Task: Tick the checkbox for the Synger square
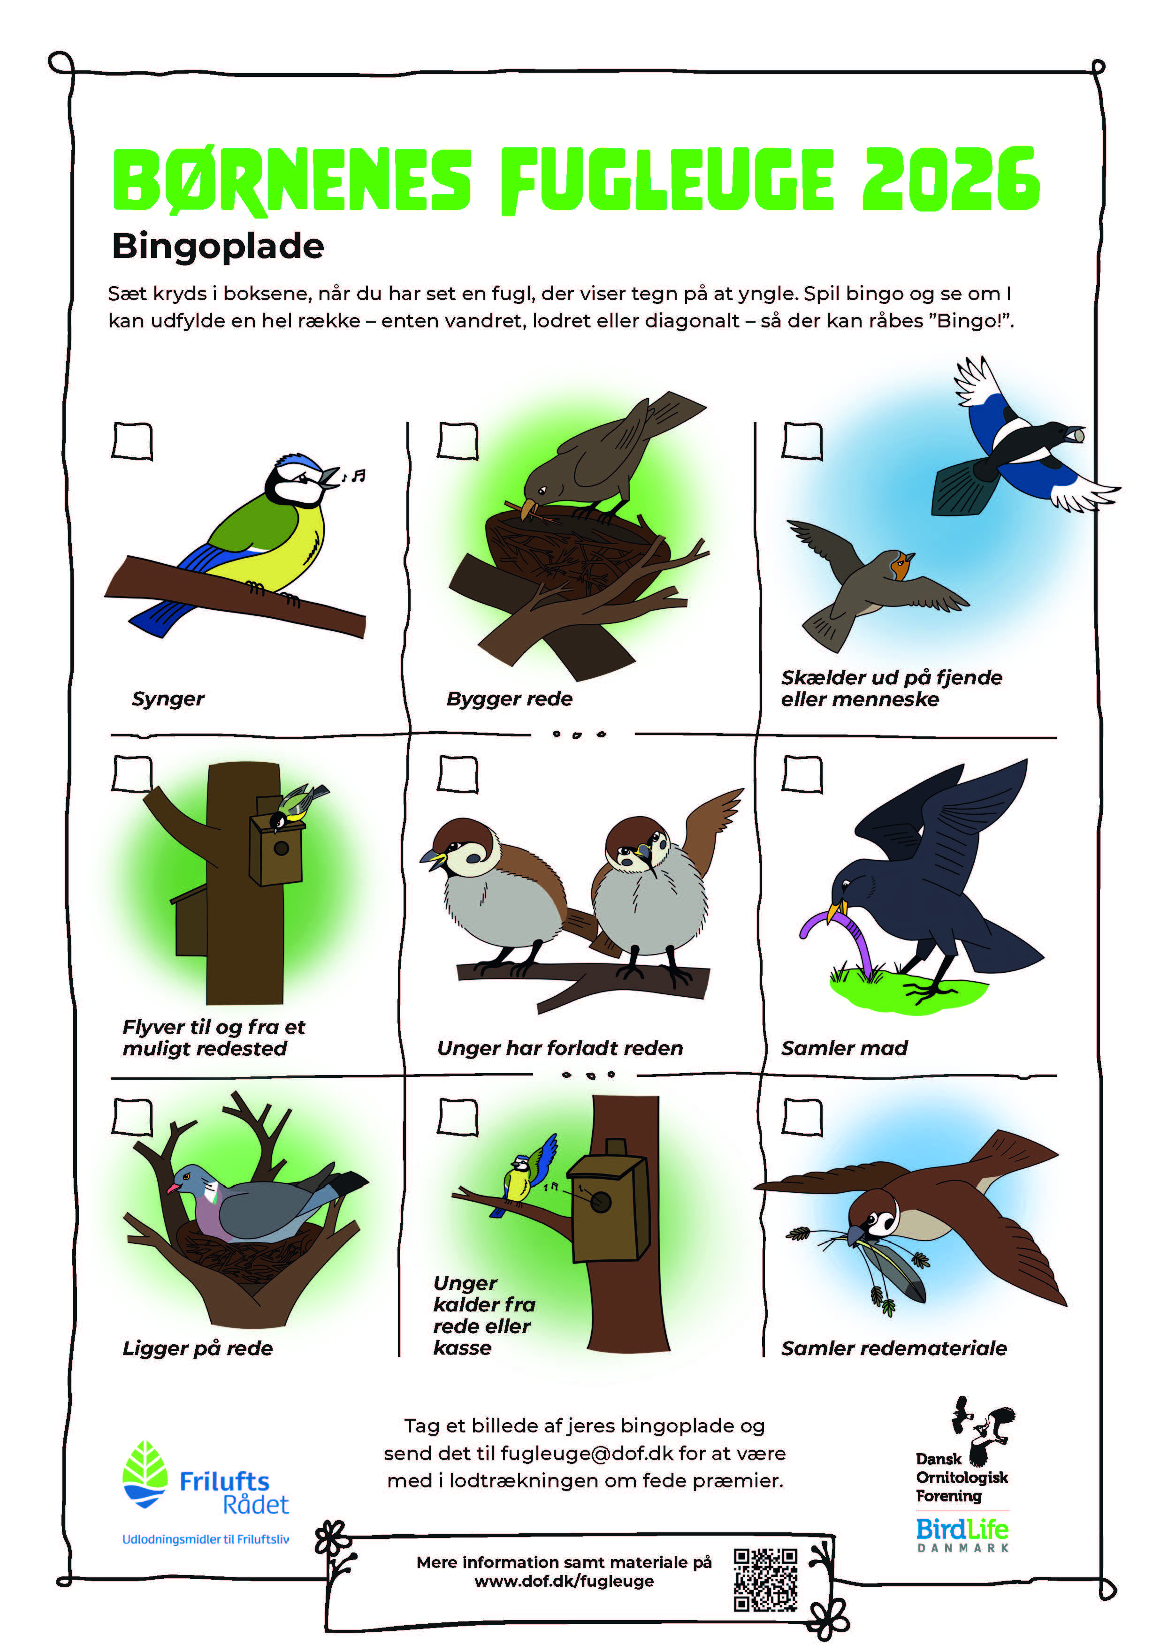(x=132, y=441)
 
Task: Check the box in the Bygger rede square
(x=458, y=441)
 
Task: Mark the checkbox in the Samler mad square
(x=802, y=774)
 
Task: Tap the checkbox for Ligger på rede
(x=132, y=1117)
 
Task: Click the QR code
(x=765, y=1580)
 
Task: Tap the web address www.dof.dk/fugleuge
(x=564, y=1581)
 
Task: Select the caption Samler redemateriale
(x=894, y=1348)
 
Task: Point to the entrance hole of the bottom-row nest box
(x=601, y=1202)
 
